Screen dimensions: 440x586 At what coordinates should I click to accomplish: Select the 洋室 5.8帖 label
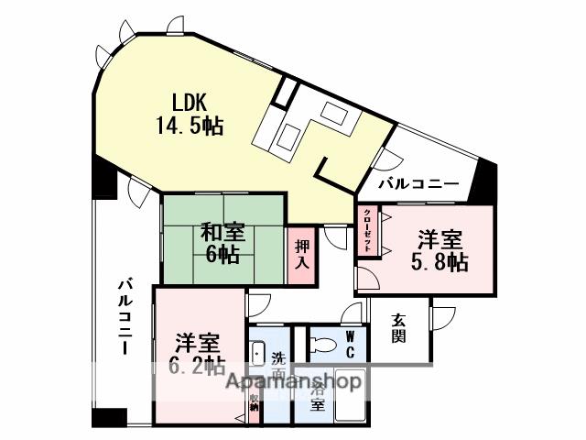click(x=440, y=251)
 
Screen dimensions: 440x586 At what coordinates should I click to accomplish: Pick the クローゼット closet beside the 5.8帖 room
click(x=367, y=233)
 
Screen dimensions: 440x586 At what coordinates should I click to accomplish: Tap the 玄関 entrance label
click(x=399, y=327)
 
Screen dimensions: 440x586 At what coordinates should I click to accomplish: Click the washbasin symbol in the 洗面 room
click(x=257, y=353)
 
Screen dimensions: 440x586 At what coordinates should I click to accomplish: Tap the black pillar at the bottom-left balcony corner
click(x=108, y=417)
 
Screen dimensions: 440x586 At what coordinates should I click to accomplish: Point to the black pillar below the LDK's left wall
click(x=103, y=181)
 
